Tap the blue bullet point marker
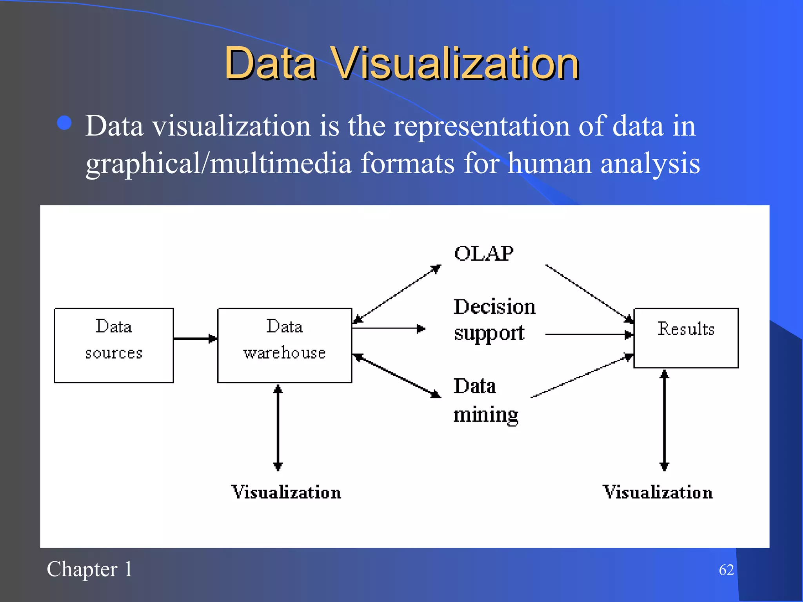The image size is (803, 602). pyautogui.click(x=64, y=123)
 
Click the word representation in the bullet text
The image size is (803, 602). pyautogui.click(x=481, y=126)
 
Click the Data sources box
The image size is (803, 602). pyautogui.click(x=114, y=345)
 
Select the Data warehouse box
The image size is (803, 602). pyautogui.click(x=285, y=345)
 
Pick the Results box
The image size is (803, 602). pyautogui.click(x=686, y=338)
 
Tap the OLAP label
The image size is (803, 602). pyautogui.click(x=483, y=254)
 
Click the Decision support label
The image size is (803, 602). pyautogui.click(x=494, y=319)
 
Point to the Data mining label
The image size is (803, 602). pyautogui.click(x=485, y=400)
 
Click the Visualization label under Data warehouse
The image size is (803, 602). pyautogui.click(x=286, y=492)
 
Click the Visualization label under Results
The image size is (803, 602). pyautogui.click(x=658, y=492)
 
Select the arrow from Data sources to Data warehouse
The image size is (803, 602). pyautogui.click(x=195, y=338)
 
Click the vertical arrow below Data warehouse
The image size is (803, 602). pyautogui.click(x=278, y=427)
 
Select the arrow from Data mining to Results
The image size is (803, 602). pyautogui.click(x=582, y=376)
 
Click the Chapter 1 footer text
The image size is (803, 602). pyautogui.click(x=89, y=569)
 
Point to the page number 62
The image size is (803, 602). pyautogui.click(x=726, y=570)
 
